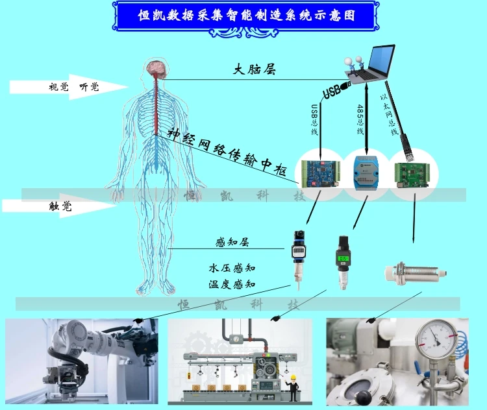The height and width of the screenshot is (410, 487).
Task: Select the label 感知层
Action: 232,242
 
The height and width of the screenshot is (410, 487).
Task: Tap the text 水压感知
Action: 232,267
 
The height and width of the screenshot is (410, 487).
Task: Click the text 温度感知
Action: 232,283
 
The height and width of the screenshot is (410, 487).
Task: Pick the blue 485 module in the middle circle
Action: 366,173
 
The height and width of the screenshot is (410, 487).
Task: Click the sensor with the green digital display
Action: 342,262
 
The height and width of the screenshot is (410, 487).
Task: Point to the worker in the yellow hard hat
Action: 294,387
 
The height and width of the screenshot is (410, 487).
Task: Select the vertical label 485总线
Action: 360,119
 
